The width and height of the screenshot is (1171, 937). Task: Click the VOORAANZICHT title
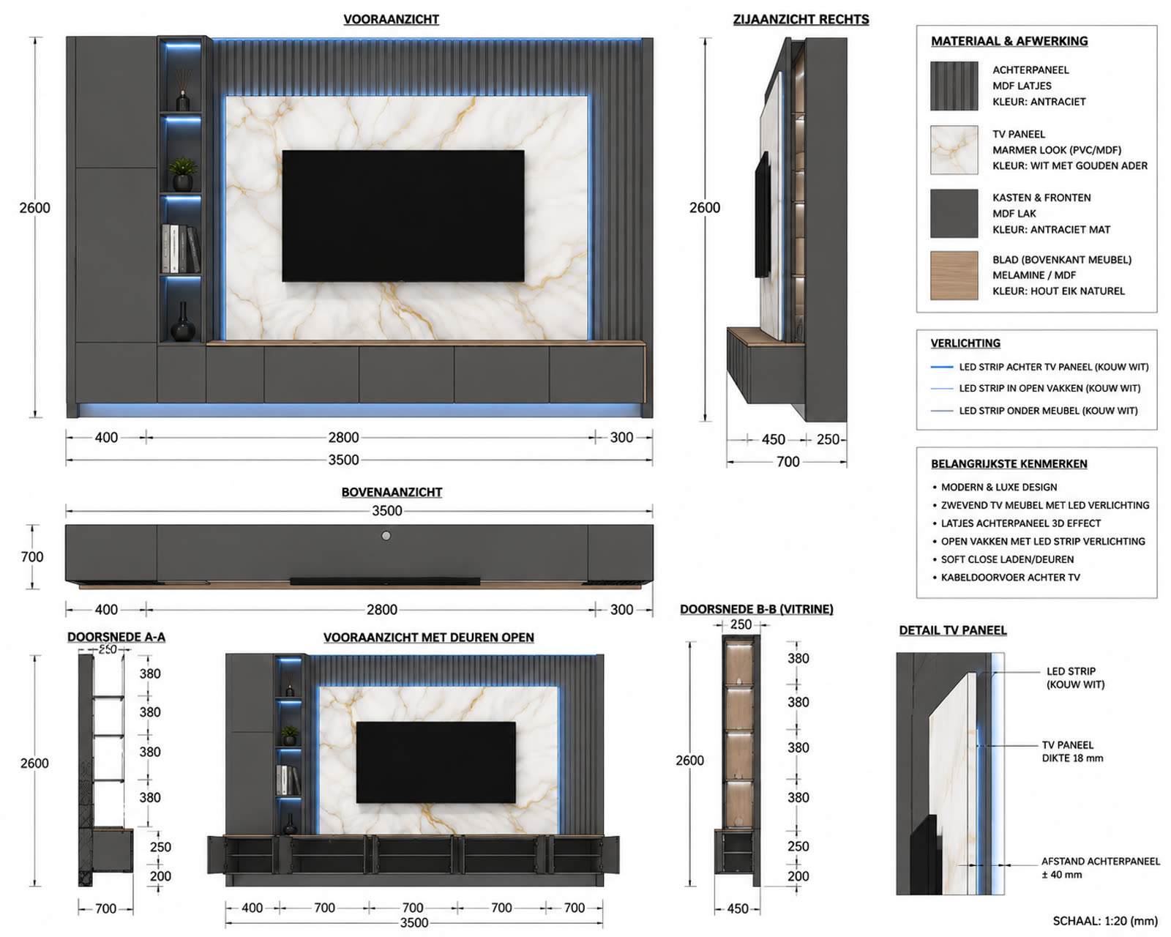tap(391, 20)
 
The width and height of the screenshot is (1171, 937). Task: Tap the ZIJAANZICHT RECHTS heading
tap(801, 20)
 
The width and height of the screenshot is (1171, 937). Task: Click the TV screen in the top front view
tap(403, 216)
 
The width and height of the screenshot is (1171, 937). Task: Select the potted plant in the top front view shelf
tap(183, 173)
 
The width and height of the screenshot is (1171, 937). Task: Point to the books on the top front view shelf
tap(181, 248)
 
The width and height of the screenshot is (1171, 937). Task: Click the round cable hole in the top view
tap(386, 536)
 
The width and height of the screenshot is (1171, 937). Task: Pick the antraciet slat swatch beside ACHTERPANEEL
tap(954, 86)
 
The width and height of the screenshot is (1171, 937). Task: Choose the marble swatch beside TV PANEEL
tap(954, 150)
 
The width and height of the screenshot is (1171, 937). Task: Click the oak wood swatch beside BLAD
tap(954, 275)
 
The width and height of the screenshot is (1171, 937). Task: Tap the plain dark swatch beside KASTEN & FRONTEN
tap(954, 214)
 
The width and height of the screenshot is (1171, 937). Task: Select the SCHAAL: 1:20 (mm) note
tap(1104, 921)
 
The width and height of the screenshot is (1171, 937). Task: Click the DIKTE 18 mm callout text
tap(1072, 758)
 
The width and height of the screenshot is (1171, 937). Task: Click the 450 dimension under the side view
tap(774, 439)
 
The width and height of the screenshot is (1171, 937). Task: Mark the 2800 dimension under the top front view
tap(343, 437)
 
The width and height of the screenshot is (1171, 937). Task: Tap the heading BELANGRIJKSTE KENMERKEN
tap(1009, 464)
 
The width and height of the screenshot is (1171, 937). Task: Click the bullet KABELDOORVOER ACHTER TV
tap(1010, 577)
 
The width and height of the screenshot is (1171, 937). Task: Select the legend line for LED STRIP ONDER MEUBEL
tap(941, 411)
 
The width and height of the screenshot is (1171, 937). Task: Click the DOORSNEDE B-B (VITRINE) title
tap(756, 609)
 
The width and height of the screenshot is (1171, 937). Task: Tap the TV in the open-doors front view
tap(435, 762)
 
